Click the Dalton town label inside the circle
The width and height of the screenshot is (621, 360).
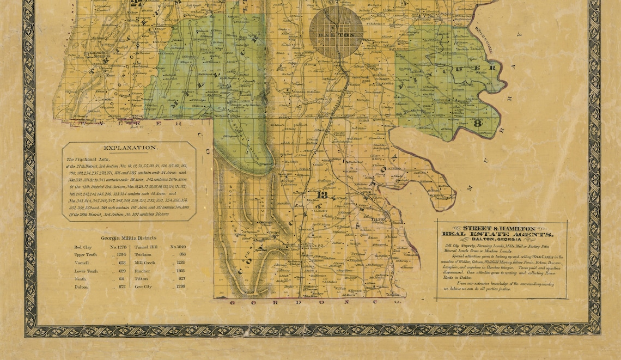point(336,35)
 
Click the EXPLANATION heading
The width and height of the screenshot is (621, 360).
point(130,148)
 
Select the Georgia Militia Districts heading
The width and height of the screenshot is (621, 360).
point(129,238)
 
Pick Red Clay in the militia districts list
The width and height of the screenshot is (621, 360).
point(83,247)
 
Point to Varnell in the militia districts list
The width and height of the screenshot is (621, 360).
point(82,263)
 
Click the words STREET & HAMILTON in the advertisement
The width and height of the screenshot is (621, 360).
point(498,228)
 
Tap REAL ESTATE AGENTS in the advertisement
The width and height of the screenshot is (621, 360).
point(498,234)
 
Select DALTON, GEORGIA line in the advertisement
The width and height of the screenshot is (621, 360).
point(498,240)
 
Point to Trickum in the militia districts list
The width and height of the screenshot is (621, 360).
point(144,255)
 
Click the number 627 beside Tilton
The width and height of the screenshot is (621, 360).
point(180,278)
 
